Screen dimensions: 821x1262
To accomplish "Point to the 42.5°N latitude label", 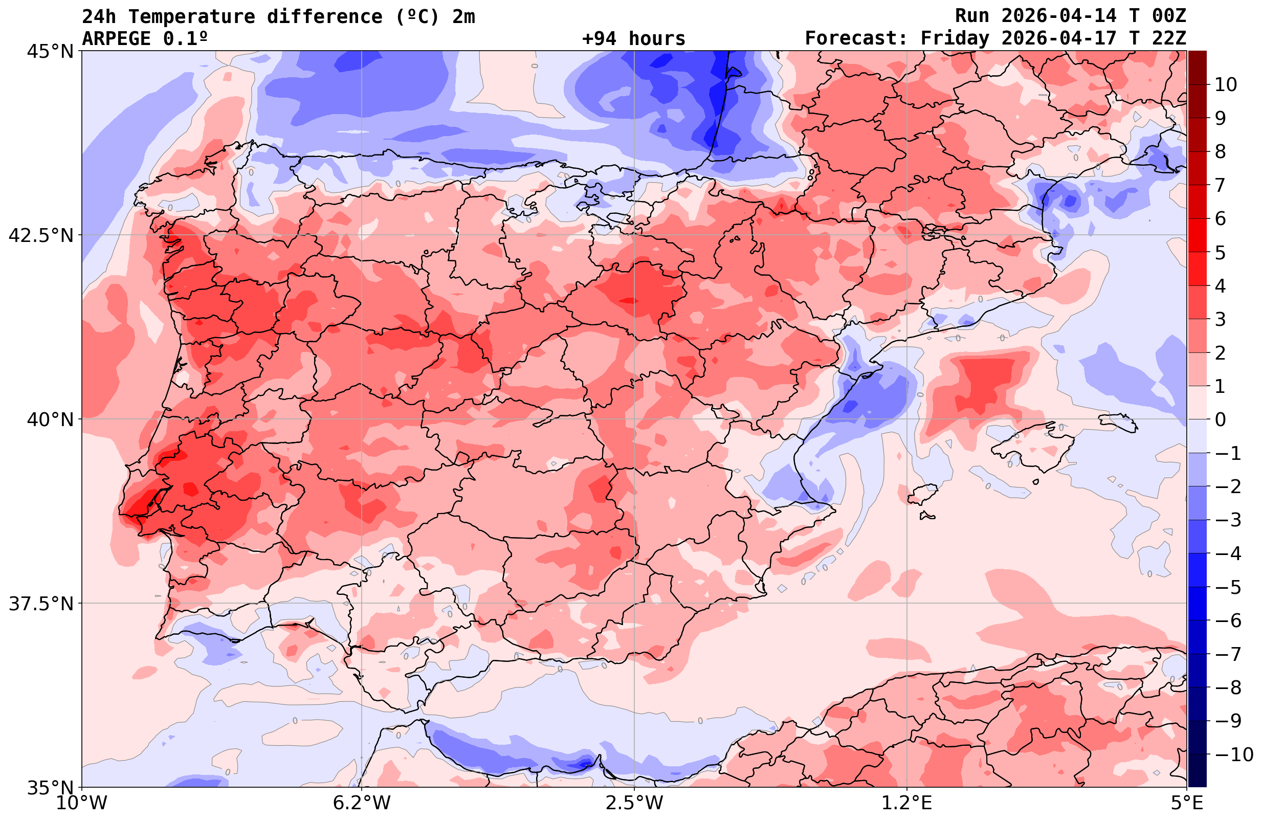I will [x=40, y=235].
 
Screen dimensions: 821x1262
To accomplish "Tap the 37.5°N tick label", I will [x=40, y=604].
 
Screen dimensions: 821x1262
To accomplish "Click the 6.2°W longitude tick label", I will [x=362, y=803].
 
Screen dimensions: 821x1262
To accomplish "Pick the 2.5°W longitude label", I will [x=634, y=803].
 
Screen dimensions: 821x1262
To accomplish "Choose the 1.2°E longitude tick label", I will [x=907, y=803].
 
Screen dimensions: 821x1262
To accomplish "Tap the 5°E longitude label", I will [x=1186, y=803].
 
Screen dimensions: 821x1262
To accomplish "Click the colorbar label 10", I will [x=1226, y=84].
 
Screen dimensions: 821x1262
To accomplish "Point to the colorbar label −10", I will [x=1233, y=754].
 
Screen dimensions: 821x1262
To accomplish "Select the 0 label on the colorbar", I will [x=1220, y=419].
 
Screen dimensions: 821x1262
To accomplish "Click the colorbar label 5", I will [x=1220, y=253].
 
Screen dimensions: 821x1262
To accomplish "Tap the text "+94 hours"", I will [x=634, y=39].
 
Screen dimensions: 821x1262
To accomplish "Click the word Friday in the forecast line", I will [x=955, y=39].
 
